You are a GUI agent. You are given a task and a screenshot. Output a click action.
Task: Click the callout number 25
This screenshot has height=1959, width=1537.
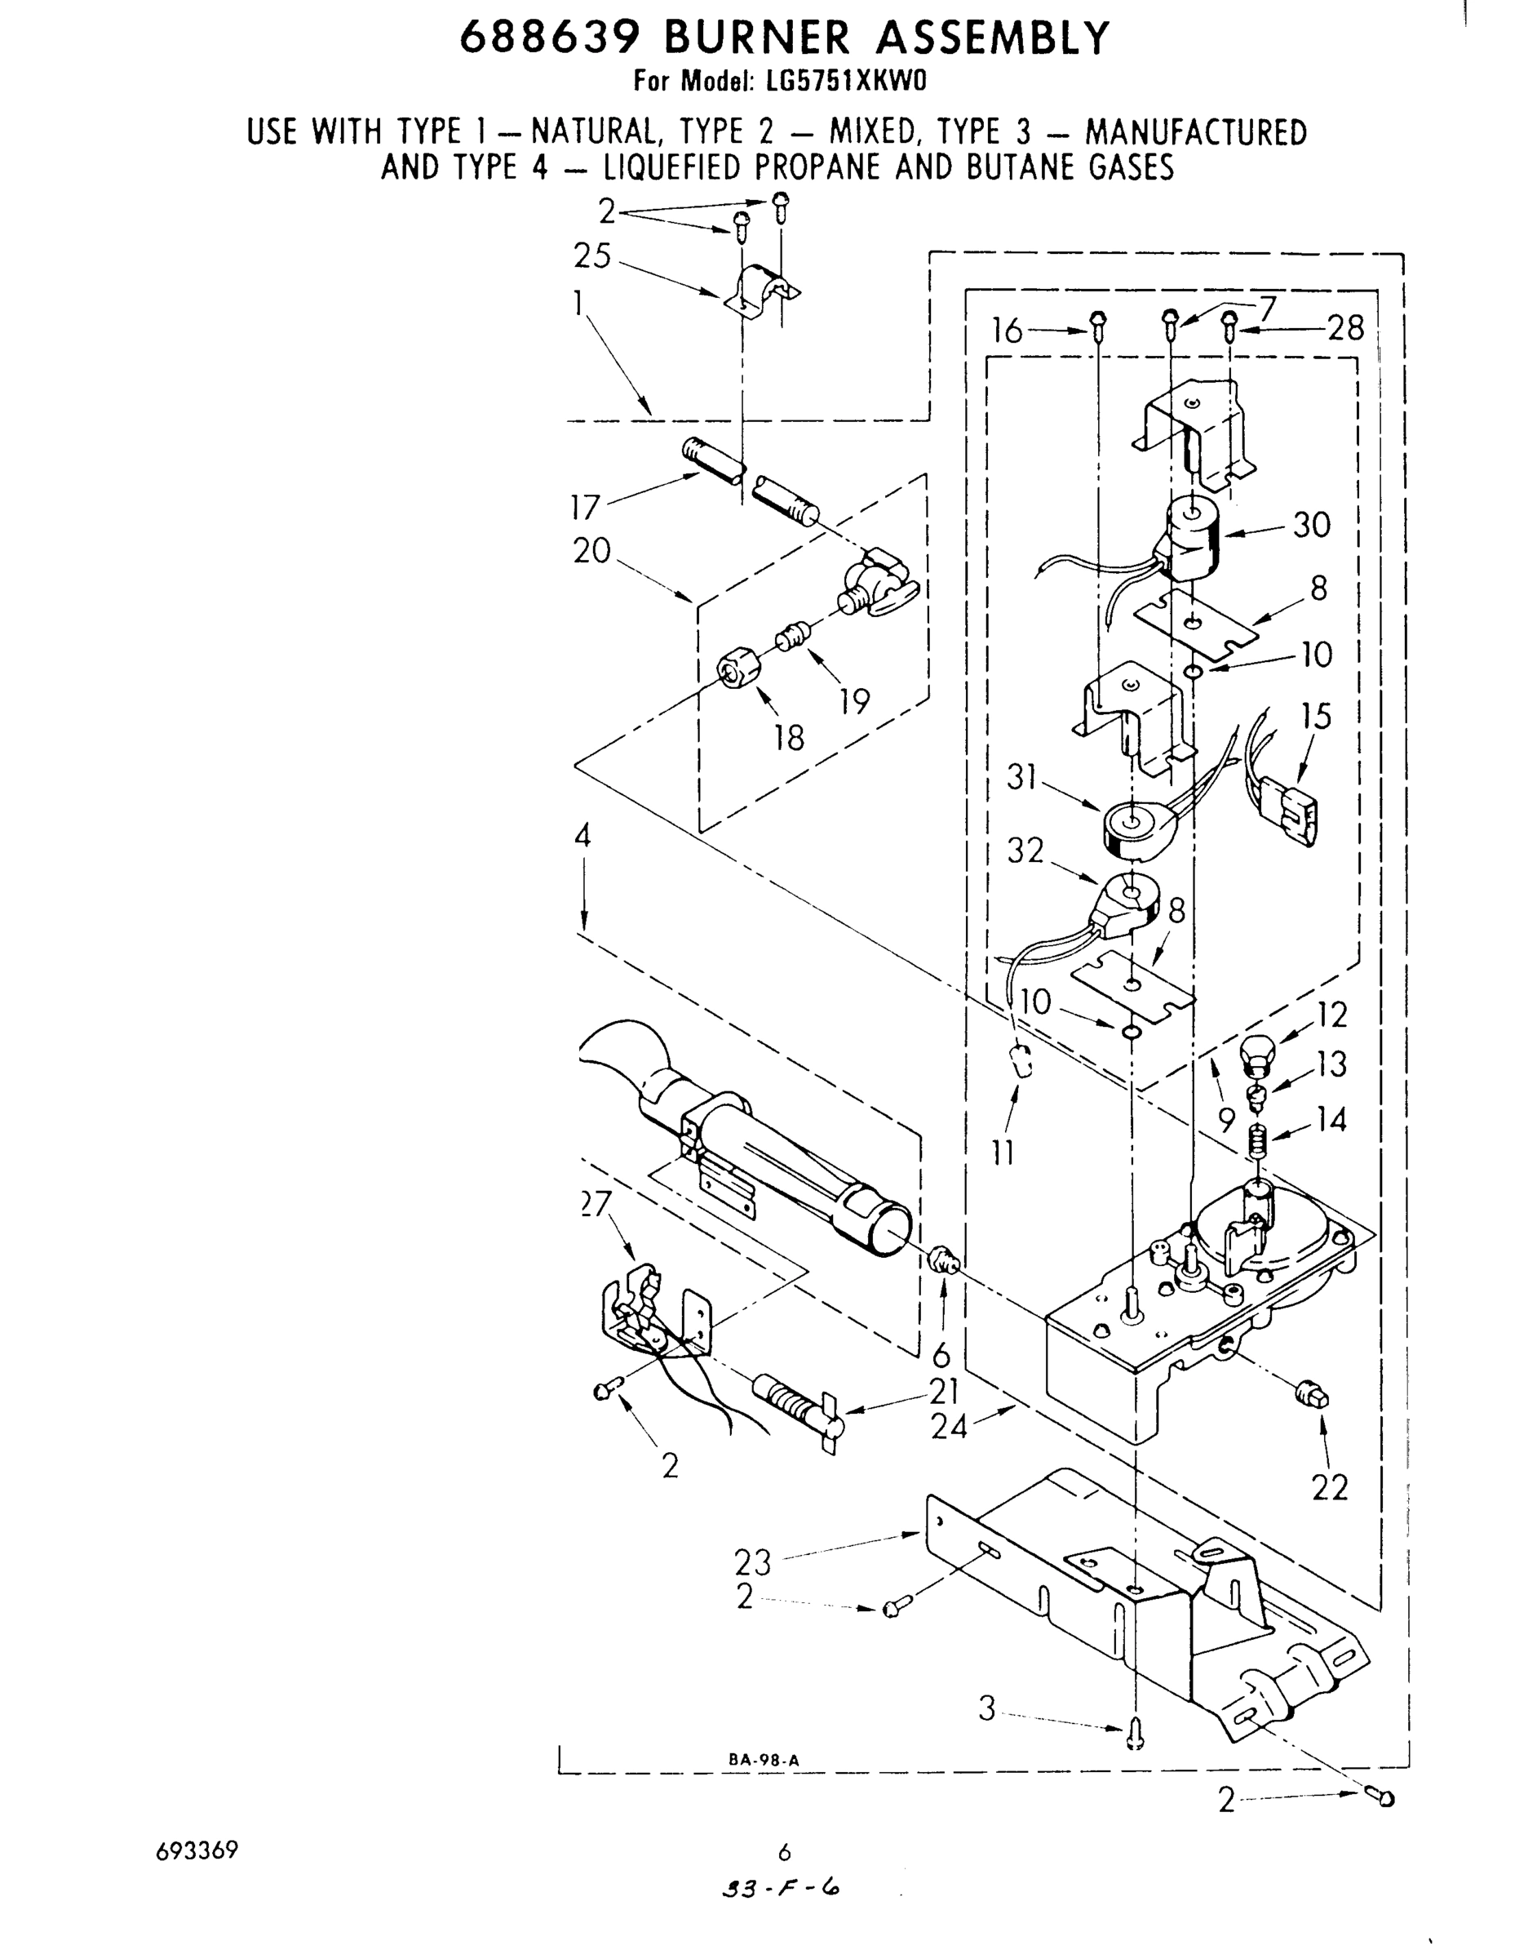pyautogui.click(x=592, y=256)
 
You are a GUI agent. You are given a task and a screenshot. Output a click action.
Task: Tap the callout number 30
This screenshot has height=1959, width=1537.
pyautogui.click(x=1311, y=525)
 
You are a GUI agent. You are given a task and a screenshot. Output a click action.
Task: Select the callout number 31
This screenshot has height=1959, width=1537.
pyautogui.click(x=1022, y=777)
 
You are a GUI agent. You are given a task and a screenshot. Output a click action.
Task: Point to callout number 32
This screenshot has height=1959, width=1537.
pyautogui.click(x=1025, y=850)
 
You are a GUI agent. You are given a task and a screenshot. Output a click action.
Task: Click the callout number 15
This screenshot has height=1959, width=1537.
pyautogui.click(x=1316, y=717)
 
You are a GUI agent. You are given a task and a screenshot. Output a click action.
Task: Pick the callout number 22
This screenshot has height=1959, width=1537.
pyautogui.click(x=1329, y=1488)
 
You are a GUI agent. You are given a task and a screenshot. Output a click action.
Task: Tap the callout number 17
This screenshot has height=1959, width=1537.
pyautogui.click(x=585, y=508)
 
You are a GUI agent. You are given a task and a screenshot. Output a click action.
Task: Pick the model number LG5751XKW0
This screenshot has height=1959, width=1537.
pyautogui.click(x=845, y=81)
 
